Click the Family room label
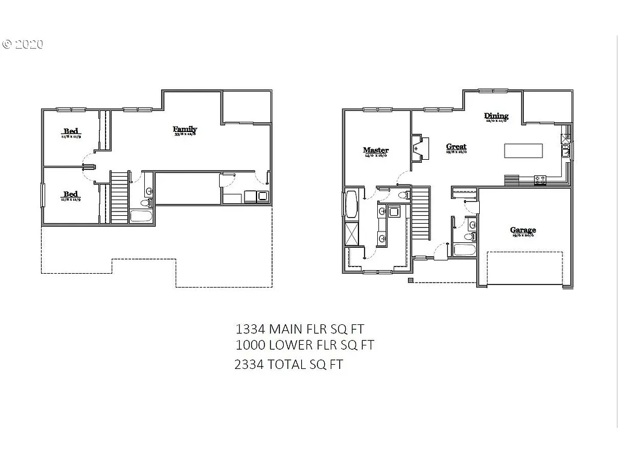coord(185,129)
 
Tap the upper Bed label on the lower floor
coord(71,131)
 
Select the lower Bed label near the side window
coord(71,194)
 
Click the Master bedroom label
coord(375,150)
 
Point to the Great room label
coord(456,146)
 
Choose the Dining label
coord(496,116)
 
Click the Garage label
coord(523,230)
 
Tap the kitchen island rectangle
coord(523,151)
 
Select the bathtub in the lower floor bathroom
coord(142,216)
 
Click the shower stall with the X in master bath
coord(352,234)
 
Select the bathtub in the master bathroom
coord(351,203)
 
